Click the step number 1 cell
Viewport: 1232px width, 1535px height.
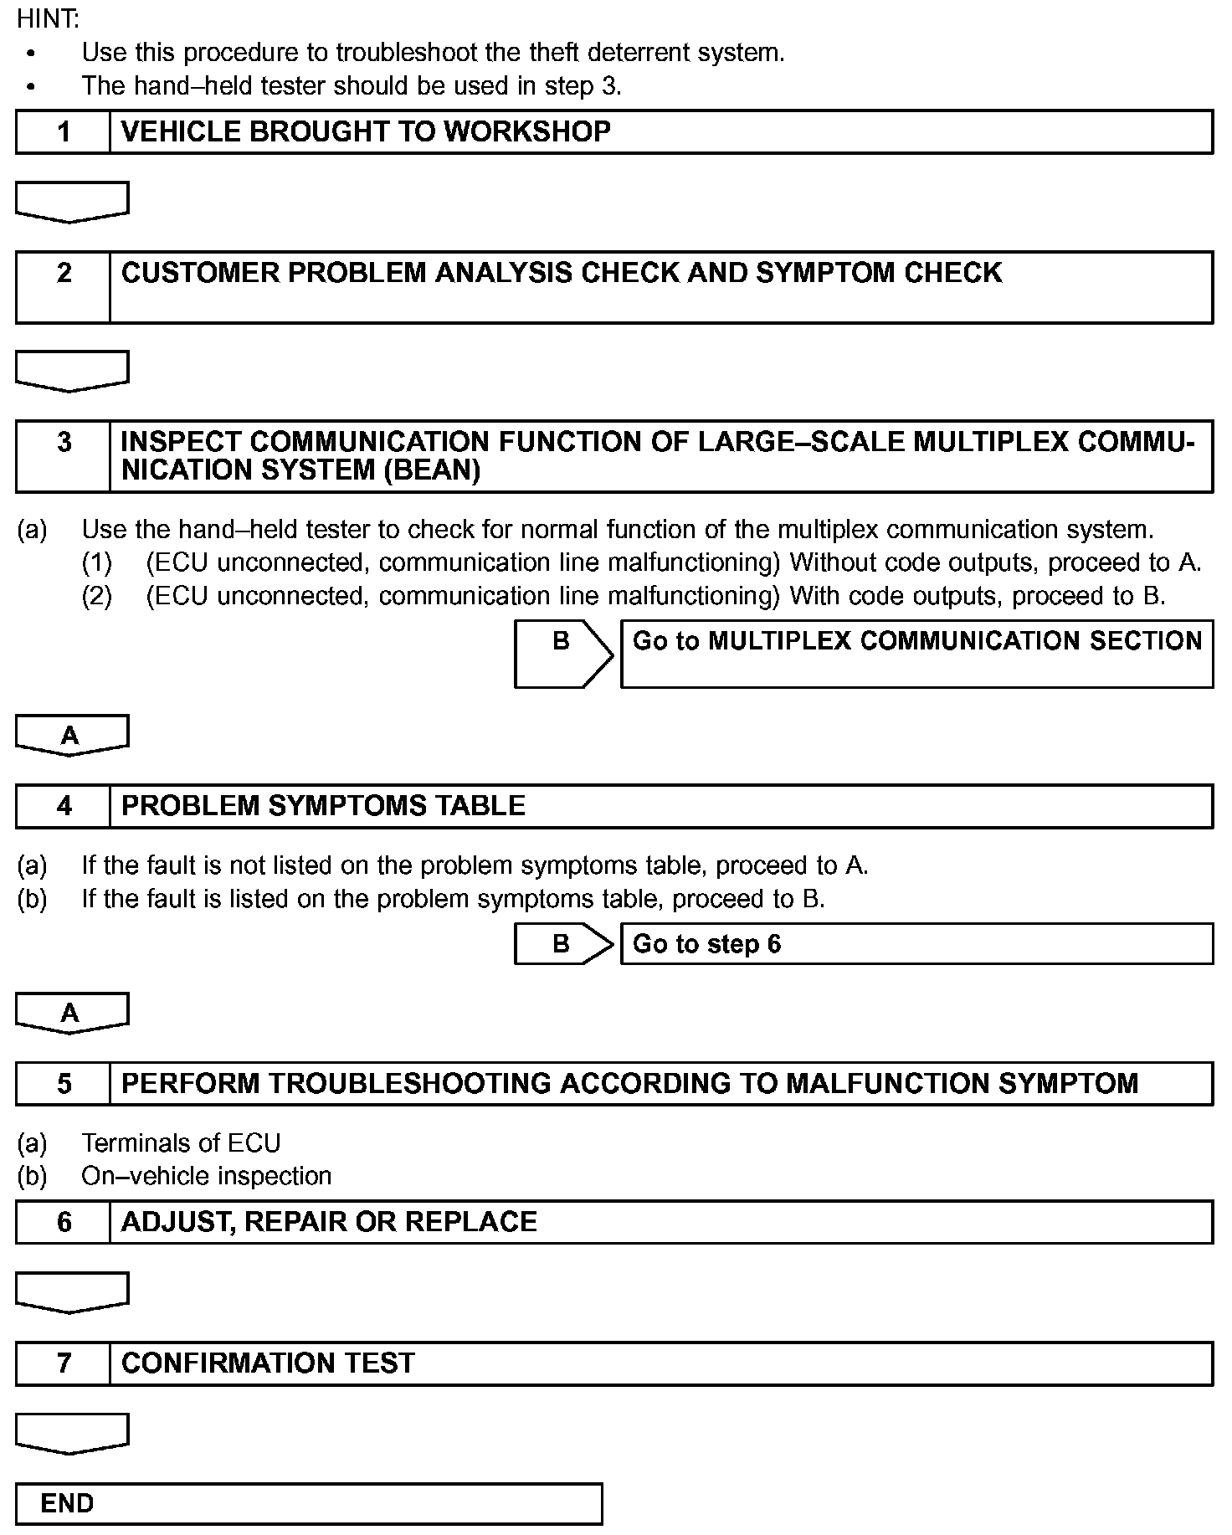(64, 132)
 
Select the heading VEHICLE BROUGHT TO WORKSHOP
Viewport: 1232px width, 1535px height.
(366, 132)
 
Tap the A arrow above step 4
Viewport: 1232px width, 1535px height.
(71, 735)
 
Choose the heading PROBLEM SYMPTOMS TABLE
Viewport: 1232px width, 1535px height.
(323, 806)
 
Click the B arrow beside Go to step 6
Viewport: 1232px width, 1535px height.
(562, 944)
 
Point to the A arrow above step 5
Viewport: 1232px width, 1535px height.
(71, 1013)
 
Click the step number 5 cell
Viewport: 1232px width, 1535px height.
(64, 1084)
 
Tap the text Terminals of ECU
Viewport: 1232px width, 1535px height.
(181, 1143)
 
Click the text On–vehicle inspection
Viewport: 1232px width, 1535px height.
(206, 1176)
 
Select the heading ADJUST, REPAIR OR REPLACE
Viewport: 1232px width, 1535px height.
(329, 1222)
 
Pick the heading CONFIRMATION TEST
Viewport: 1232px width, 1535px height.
(268, 1363)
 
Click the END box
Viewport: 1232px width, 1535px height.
(309, 1504)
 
